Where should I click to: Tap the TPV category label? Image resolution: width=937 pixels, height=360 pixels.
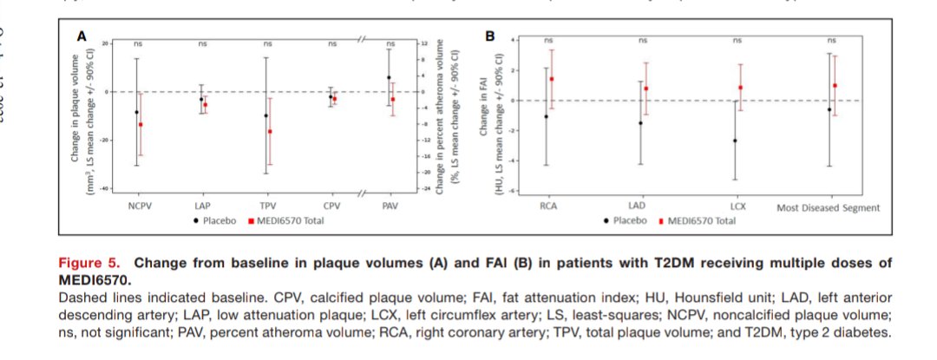(x=268, y=206)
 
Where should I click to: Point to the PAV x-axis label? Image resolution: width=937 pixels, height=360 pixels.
(x=390, y=206)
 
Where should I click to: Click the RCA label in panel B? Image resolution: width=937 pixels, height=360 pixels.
(x=548, y=206)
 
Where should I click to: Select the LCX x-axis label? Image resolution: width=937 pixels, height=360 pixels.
(x=737, y=206)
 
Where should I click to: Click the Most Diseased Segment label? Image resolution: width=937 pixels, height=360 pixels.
(x=829, y=207)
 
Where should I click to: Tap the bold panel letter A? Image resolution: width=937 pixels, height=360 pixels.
(x=82, y=36)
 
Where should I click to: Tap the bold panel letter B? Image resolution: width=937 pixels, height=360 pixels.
(x=490, y=36)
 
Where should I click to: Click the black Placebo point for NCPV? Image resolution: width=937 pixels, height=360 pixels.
(x=136, y=112)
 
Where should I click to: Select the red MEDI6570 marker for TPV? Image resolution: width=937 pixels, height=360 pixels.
(x=270, y=132)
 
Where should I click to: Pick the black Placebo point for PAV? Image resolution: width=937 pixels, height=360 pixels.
(x=389, y=77)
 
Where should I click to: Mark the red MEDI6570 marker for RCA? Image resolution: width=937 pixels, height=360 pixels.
(x=552, y=79)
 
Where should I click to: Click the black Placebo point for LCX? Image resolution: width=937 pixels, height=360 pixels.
(x=735, y=141)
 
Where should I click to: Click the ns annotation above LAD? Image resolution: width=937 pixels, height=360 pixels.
(x=642, y=40)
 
